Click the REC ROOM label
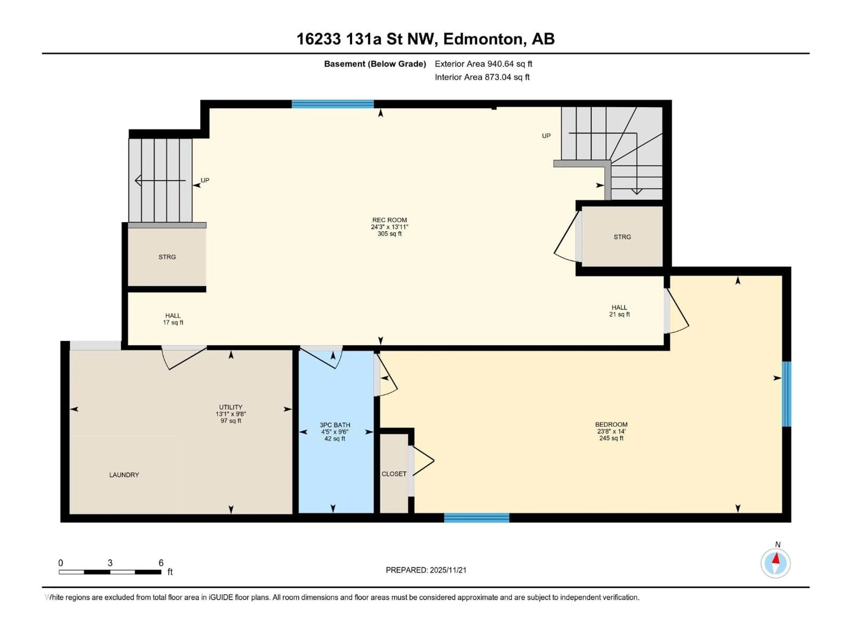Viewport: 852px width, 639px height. tap(389, 220)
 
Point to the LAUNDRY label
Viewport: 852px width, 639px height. tap(124, 475)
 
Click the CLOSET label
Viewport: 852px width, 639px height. tap(394, 474)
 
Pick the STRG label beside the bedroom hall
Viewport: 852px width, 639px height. tap(622, 237)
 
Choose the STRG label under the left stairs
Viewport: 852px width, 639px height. tap(167, 257)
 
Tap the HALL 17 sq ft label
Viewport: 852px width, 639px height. tap(173, 319)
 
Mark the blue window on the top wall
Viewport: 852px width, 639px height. tap(332, 104)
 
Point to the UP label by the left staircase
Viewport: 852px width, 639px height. tap(205, 180)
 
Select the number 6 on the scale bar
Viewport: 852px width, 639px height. tap(161, 563)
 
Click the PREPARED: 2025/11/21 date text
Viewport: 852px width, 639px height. tap(426, 570)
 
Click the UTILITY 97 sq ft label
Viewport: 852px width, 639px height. tap(231, 414)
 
